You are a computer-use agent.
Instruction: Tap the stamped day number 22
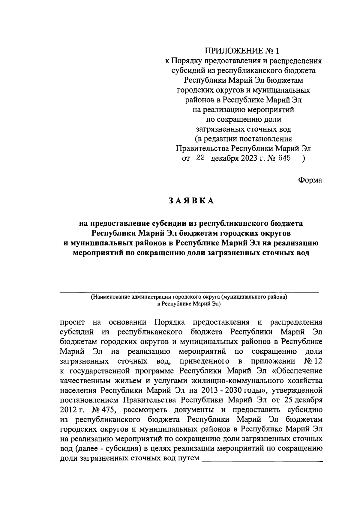[200, 158]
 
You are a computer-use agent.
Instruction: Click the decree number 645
[284, 158]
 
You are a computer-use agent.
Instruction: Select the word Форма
[310, 180]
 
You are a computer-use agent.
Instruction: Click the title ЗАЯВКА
[191, 201]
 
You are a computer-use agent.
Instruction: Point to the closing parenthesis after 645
[304, 159]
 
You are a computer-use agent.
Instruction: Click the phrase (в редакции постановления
[243, 139]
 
